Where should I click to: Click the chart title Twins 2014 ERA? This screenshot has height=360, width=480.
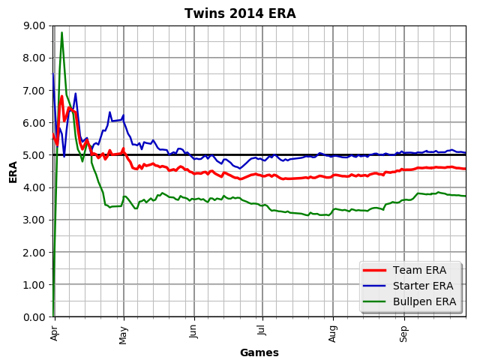(x=240, y=13)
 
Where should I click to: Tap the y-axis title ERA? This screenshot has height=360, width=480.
(x=13, y=171)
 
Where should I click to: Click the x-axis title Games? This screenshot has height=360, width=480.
(x=259, y=352)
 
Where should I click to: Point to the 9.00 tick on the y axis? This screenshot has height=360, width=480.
(x=34, y=25)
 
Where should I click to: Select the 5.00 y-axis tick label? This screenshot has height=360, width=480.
(x=34, y=155)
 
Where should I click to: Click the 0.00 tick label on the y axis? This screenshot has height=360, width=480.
(x=34, y=317)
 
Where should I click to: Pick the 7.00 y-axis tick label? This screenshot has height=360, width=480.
(x=34, y=90)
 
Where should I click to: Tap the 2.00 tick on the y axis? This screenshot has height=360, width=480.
(x=34, y=253)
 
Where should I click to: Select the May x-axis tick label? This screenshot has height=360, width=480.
(x=124, y=331)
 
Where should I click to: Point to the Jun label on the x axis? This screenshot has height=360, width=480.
(x=194, y=331)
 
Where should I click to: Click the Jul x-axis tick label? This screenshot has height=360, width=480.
(x=262, y=330)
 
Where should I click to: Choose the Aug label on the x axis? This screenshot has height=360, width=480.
(x=333, y=331)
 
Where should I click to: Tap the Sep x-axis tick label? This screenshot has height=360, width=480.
(x=404, y=331)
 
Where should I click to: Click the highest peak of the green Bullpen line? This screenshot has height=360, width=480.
(x=61, y=32)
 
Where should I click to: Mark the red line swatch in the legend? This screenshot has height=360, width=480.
(x=377, y=270)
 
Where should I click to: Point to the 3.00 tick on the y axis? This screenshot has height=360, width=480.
(x=34, y=220)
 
